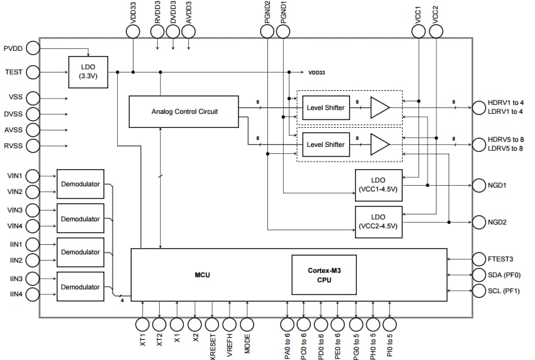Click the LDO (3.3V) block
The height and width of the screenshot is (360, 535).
click(88, 72)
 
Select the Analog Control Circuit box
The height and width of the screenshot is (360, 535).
click(184, 111)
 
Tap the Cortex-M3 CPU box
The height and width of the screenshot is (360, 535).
click(323, 275)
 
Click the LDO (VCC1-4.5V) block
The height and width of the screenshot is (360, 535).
click(379, 185)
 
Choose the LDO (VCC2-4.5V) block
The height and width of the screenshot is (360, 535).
click(379, 221)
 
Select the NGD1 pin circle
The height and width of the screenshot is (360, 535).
click(479, 186)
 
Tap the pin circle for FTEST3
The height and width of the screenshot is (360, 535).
click(479, 259)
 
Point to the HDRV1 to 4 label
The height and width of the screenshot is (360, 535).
click(506, 102)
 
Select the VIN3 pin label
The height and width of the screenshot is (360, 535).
click(15, 209)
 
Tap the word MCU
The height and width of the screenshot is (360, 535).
click(202, 275)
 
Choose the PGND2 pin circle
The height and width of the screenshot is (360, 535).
click(268, 30)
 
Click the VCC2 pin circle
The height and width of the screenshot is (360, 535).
click(436, 30)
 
